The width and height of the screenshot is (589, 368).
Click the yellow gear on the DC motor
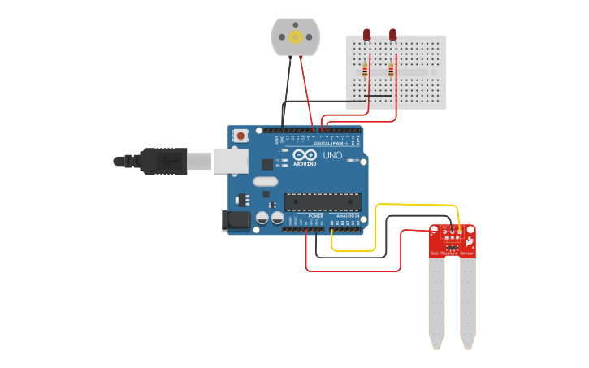tap(295, 37)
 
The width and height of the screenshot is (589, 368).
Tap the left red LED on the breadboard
tap(366, 34)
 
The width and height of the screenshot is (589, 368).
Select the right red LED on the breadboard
tap(392, 34)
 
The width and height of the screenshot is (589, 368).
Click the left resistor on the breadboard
tap(365, 71)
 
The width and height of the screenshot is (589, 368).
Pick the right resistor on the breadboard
tap(391, 71)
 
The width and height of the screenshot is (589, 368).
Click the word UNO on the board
tap(332, 155)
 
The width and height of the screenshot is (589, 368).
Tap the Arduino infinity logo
tap(305, 155)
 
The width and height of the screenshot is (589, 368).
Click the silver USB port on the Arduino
tap(231, 161)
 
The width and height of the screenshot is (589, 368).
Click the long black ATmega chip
tap(323, 201)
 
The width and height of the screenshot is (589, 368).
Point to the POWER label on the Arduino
tap(315, 216)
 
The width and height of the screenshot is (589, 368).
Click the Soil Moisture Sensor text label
tap(452, 254)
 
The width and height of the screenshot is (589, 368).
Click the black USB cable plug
tap(162, 161)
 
